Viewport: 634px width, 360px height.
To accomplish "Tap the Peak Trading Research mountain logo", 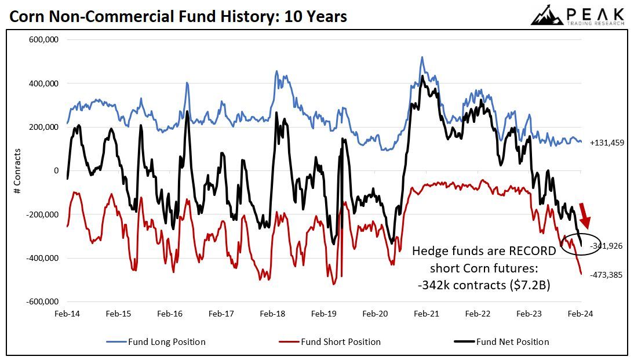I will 548,15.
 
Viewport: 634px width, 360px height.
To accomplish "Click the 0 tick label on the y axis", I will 56,170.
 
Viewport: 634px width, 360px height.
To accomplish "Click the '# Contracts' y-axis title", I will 17,170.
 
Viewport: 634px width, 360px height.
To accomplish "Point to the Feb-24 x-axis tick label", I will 581,314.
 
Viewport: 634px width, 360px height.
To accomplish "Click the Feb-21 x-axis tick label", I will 427,314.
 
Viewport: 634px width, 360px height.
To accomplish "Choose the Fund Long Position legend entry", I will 156,341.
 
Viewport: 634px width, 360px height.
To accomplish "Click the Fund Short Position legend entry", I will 330,341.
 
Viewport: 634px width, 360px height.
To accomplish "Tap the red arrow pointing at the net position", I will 586,221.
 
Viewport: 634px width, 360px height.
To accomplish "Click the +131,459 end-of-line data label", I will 607,143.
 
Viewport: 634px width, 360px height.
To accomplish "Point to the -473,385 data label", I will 606,275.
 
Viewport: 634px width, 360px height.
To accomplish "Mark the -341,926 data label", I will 606,246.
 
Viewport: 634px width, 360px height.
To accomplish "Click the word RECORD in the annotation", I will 528,252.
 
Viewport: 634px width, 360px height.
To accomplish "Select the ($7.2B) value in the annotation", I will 534,285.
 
